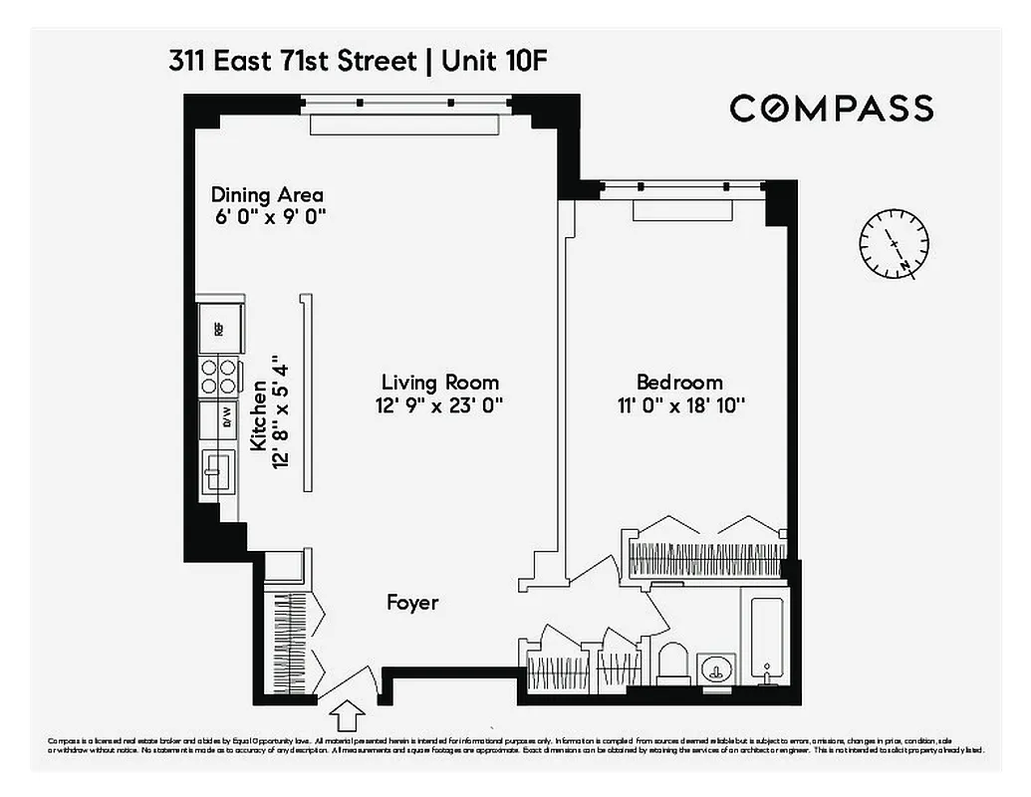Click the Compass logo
click(x=831, y=108)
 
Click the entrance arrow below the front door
click(x=348, y=715)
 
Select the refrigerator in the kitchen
click(x=219, y=324)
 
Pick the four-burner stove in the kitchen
click(x=220, y=376)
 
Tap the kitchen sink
click(x=217, y=470)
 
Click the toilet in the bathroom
click(x=673, y=664)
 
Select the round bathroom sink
click(x=715, y=668)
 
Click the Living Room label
click(x=439, y=383)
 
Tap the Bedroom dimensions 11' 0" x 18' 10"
click(x=679, y=405)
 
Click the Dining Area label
click(x=267, y=195)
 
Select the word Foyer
click(x=412, y=603)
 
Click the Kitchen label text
click(x=259, y=415)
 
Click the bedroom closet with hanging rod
click(x=706, y=559)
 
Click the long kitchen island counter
click(x=306, y=395)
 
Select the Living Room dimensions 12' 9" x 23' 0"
click(x=439, y=406)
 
